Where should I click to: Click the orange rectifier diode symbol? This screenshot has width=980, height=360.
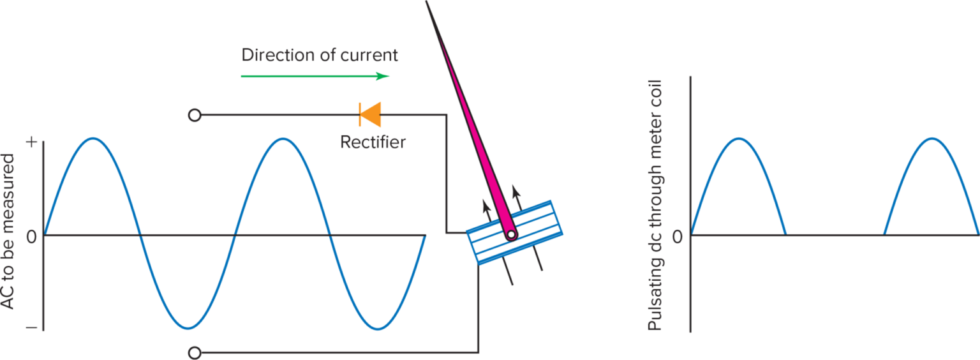370,115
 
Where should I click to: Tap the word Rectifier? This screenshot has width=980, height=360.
373,142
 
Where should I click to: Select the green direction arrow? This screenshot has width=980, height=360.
315,76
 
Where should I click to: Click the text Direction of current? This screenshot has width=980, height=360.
320,55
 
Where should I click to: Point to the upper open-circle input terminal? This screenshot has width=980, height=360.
195,116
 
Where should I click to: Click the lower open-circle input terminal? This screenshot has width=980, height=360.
195,352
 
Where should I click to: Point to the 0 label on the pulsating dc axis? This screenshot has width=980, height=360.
678,237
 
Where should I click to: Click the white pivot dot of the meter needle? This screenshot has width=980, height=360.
510,236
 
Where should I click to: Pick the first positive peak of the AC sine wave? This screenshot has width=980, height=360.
93,138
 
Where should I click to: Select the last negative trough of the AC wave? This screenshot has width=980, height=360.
378,329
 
